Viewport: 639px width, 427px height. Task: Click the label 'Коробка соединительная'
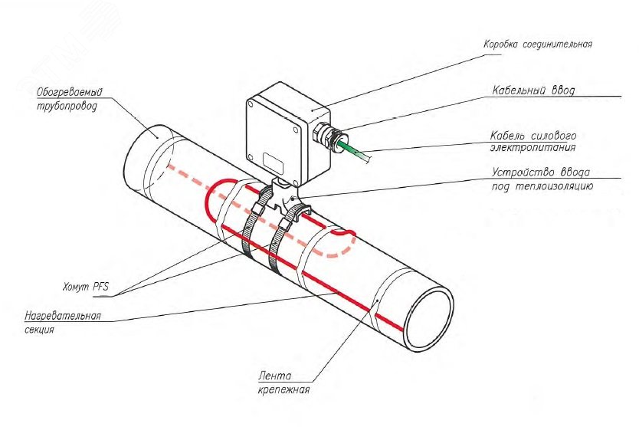pyautogui.click(x=537, y=44)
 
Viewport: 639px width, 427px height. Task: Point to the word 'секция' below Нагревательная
pyautogui.click(x=40, y=331)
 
